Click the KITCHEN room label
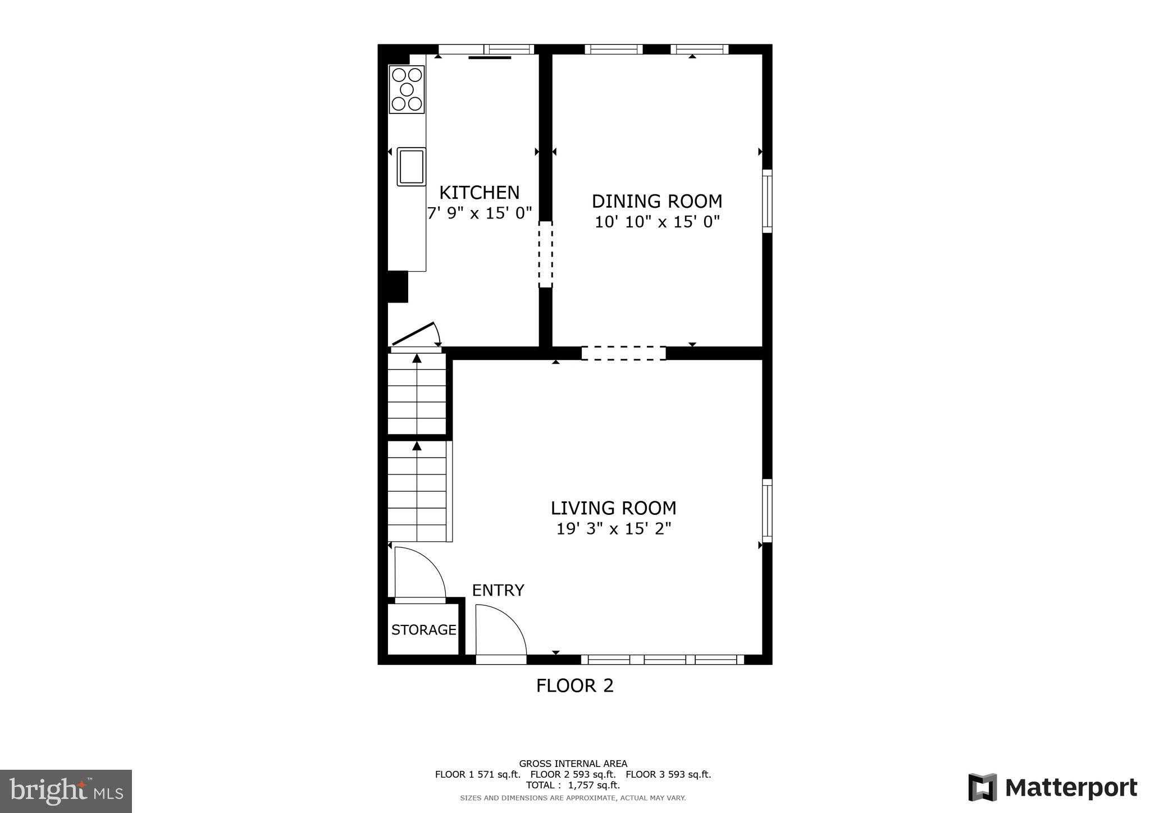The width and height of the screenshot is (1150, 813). (x=479, y=193)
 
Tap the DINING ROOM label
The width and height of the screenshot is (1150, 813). (x=657, y=201)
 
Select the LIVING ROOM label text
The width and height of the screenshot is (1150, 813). (x=613, y=508)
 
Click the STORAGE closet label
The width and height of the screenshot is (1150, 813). (x=423, y=630)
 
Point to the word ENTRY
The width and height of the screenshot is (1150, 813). (x=498, y=590)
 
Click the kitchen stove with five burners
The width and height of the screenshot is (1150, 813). (x=407, y=89)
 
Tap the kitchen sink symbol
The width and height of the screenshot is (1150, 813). (x=411, y=166)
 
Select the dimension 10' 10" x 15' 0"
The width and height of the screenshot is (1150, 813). (x=657, y=222)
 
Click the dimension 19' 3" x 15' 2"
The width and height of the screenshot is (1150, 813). (x=613, y=529)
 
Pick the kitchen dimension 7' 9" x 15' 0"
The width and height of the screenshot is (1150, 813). (x=479, y=214)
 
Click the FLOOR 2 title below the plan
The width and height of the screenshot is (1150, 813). (x=574, y=686)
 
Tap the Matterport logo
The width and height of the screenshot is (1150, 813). (x=1053, y=787)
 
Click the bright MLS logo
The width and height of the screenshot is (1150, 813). (x=66, y=792)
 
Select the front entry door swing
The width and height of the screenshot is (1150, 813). (x=500, y=630)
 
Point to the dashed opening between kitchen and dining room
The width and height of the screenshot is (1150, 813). (x=545, y=254)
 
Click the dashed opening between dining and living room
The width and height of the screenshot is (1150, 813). (x=623, y=353)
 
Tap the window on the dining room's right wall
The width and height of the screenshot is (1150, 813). (x=766, y=201)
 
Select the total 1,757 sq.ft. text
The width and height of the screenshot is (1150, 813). (x=573, y=785)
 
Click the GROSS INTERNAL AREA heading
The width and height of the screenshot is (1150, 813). (x=573, y=764)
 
